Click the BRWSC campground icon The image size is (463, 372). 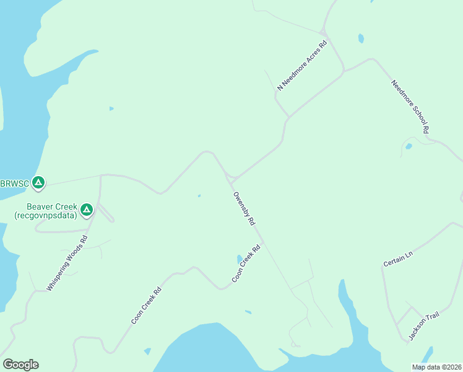coord(38,183)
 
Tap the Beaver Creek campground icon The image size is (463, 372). coord(87,210)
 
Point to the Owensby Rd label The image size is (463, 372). coord(244,208)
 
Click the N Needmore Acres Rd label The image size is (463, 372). coord(301,66)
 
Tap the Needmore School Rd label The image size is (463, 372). coord(410,106)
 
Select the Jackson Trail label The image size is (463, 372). coord(423,327)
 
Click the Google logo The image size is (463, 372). coord(20,365)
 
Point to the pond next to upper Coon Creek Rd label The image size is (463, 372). coord(239,259)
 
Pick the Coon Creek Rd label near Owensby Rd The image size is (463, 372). coord(246,263)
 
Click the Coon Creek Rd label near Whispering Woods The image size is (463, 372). coord(146,306)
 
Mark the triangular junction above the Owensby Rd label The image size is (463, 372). coord(231,179)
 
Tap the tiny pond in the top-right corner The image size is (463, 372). coord(361,38)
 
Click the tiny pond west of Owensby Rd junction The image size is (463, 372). coord(199,196)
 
